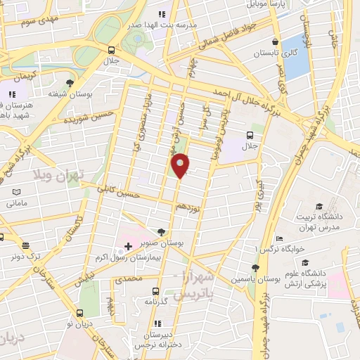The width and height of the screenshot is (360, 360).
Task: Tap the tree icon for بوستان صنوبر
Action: [x=162, y=232]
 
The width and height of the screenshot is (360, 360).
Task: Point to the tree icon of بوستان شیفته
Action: [x=69, y=83]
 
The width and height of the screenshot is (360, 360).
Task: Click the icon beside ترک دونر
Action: [x=26, y=245]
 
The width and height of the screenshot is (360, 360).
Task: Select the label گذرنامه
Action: [x=154, y=301]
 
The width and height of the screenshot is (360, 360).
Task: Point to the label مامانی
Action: [x=16, y=203]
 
